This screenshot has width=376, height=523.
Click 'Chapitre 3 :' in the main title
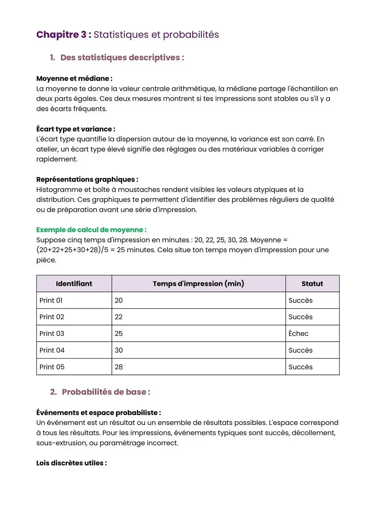64,34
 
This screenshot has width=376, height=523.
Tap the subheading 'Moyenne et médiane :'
74,79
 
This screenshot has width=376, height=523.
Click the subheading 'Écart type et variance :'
76,129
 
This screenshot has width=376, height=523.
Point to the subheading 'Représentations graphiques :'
87,179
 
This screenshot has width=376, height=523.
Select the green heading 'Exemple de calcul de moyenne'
91,230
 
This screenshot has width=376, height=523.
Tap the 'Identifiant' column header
74,284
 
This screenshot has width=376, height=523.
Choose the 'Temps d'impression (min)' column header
198,284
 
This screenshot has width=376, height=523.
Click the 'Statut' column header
312,284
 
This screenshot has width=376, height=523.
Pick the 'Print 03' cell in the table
52,334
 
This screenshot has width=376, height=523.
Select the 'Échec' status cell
298,334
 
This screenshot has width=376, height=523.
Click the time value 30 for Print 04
119,350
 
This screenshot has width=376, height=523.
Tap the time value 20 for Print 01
119,300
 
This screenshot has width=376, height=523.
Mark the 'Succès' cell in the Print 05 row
300,367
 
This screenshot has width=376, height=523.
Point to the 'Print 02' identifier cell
52,317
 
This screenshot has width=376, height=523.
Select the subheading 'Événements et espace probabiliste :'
98,413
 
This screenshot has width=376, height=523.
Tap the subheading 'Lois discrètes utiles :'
71,463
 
